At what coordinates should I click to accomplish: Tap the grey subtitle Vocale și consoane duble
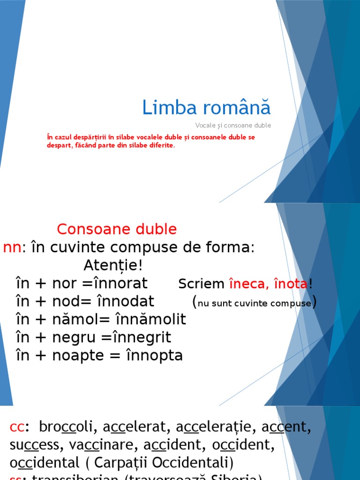(x=233, y=126)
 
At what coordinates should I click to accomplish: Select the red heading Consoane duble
(x=117, y=229)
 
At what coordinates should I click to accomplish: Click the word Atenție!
(x=112, y=265)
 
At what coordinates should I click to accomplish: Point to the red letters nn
(x=12, y=247)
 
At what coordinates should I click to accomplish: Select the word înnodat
(x=128, y=301)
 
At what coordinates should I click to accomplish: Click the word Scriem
(x=202, y=284)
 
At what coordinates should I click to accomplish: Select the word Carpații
(x=124, y=463)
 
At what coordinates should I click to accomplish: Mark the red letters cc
(x=17, y=427)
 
